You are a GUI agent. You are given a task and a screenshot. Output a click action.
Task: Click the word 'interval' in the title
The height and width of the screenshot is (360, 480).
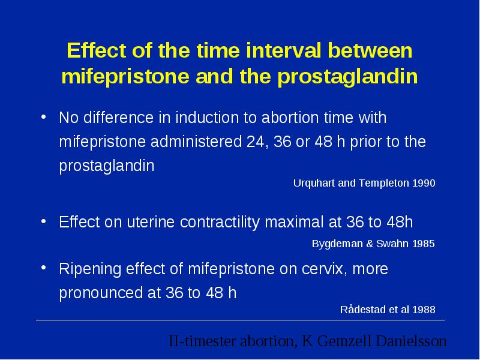pyautogui.click(x=283, y=50)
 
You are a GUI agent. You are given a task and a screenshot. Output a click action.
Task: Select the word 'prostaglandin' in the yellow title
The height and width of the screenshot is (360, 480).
pyautogui.click(x=347, y=76)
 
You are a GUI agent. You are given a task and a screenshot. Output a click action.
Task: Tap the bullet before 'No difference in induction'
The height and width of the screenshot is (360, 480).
pyautogui.click(x=43, y=117)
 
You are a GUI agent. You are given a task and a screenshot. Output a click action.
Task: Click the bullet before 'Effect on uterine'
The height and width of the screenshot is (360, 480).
pyautogui.click(x=43, y=221)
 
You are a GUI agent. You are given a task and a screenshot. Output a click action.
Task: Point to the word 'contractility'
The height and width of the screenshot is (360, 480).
pyautogui.click(x=220, y=222)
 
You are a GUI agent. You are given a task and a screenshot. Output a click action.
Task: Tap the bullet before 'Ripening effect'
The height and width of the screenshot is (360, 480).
pyautogui.click(x=43, y=268)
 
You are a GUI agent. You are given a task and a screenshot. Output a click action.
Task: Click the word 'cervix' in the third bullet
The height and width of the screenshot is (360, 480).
pyautogui.click(x=325, y=269)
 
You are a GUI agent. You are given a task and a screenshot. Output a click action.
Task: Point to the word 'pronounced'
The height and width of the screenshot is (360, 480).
pyautogui.click(x=101, y=293)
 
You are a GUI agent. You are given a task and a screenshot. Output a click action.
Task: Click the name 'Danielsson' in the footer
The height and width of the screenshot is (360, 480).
pyautogui.click(x=411, y=341)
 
